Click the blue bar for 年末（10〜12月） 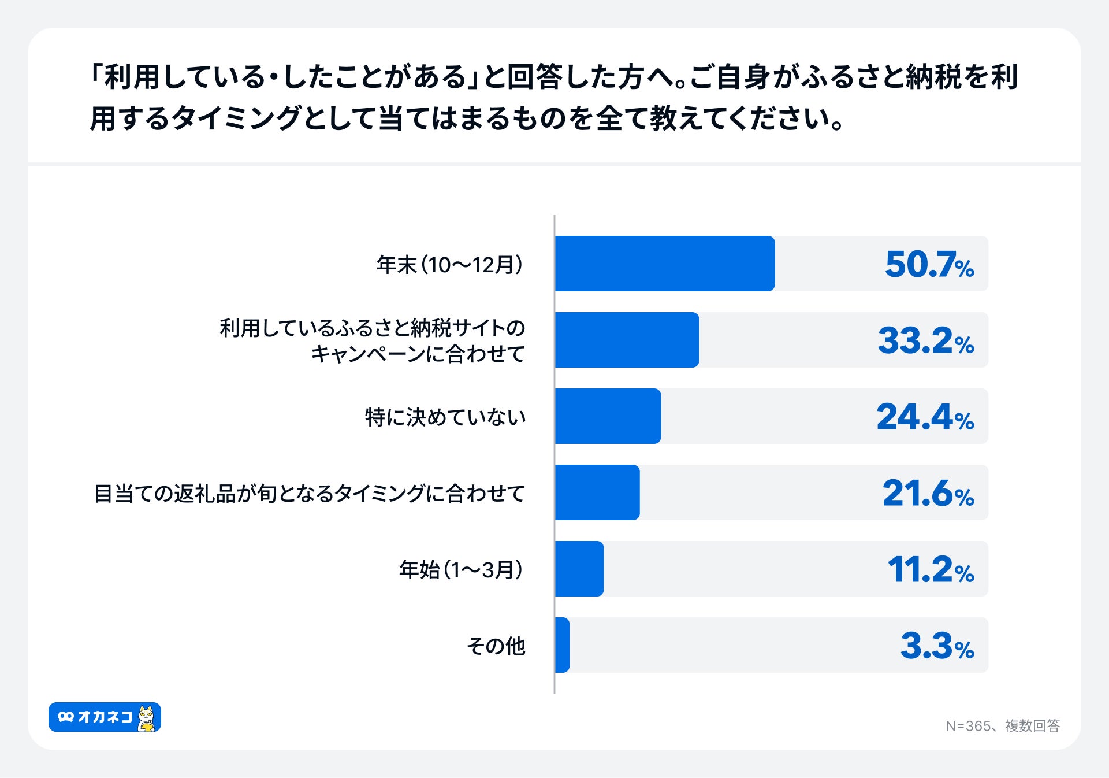664,264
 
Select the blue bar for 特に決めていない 608,416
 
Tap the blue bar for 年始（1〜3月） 579,569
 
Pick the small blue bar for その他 563,645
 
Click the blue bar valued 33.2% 627,340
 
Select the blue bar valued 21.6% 597,492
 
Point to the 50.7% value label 929,265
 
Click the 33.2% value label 925,341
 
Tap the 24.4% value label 925,417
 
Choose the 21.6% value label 928,494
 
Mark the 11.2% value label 930,570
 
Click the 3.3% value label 936,646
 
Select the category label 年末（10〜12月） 450,265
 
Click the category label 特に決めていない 445,417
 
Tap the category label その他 496,646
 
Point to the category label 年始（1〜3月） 461,570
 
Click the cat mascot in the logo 147,718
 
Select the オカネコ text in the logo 105,717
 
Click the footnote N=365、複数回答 1002,726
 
